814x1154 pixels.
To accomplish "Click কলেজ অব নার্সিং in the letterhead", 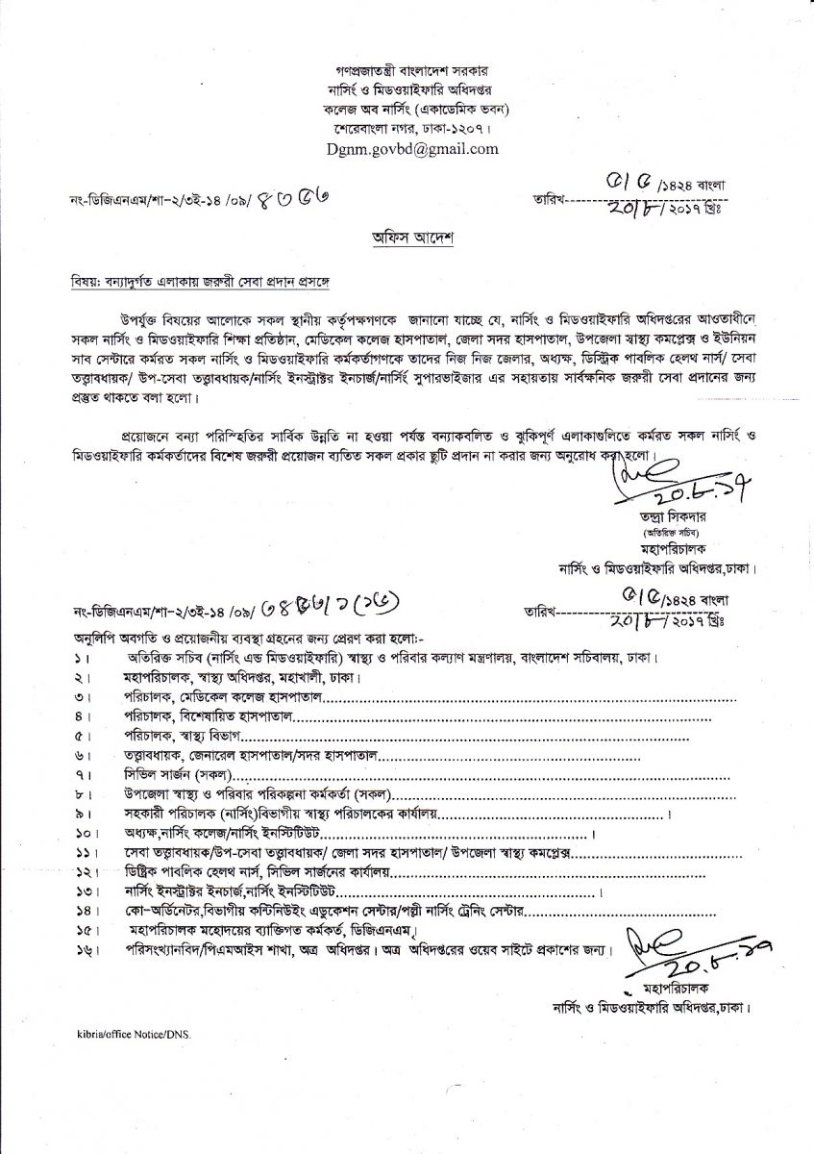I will [360, 109].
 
